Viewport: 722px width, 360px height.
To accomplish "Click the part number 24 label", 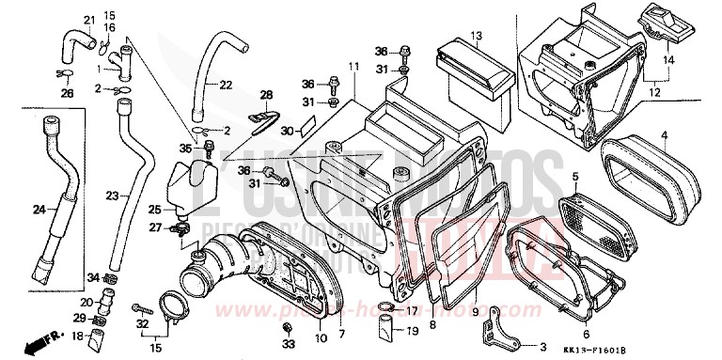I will [x=38, y=209].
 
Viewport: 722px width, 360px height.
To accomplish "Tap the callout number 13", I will [x=476, y=36].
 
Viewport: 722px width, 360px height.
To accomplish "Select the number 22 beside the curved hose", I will [x=226, y=86].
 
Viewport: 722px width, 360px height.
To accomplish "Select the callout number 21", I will [x=90, y=21].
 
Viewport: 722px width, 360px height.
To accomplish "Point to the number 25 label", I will [x=156, y=209].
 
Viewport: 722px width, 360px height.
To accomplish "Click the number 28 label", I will [x=266, y=95].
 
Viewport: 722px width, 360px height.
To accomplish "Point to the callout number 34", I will [x=92, y=276].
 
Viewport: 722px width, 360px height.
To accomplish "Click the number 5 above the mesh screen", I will [x=575, y=176].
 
